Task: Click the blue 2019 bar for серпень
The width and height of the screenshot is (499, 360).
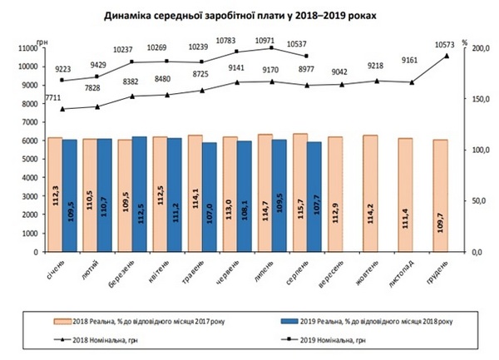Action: tap(314, 196)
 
